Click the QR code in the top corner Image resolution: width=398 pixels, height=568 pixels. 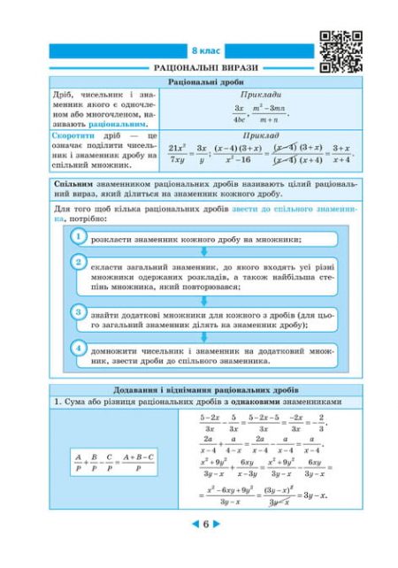point(340,51)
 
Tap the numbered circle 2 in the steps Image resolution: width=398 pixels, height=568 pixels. point(79,263)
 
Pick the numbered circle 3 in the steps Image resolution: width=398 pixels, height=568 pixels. point(79,311)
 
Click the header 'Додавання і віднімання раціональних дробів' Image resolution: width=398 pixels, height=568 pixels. point(204,389)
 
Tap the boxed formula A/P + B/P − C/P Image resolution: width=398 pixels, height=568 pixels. point(113,462)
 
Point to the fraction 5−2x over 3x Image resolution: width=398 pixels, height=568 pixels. point(210,421)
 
